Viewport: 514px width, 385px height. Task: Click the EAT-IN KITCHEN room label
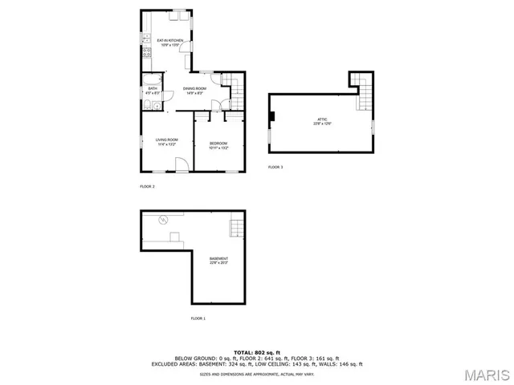tap(169, 40)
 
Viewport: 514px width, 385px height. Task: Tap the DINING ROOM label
tap(194, 88)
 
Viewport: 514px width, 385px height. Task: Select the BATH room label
tap(152, 91)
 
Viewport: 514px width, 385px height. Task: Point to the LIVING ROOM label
tap(166, 141)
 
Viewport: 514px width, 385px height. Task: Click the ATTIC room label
tap(322, 121)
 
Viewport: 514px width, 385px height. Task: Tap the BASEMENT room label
tap(218, 259)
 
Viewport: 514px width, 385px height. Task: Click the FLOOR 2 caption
tap(147, 186)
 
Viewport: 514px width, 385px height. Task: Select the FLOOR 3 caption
tap(275, 167)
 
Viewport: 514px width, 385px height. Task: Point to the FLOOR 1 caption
tap(198, 318)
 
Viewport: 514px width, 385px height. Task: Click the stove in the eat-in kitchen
tap(145, 55)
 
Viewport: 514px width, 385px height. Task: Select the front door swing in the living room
tap(182, 164)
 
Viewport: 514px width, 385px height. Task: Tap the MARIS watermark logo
tap(489, 374)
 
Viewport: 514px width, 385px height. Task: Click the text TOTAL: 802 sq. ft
tap(256, 352)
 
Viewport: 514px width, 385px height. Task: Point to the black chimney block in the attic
tap(273, 118)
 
